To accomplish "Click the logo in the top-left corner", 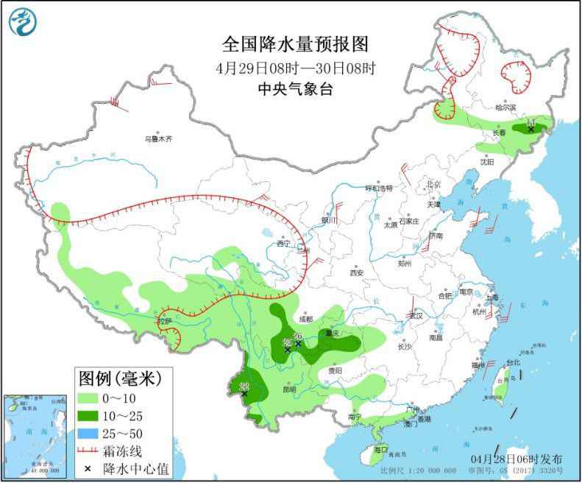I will pyautogui.click(x=23, y=21).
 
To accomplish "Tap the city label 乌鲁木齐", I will pyautogui.click(x=157, y=138).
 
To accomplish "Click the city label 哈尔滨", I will pyautogui.click(x=505, y=107).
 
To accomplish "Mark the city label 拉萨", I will pyautogui.click(x=163, y=321).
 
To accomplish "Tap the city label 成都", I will pyautogui.click(x=305, y=319).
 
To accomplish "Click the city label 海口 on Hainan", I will pyautogui.click(x=380, y=448).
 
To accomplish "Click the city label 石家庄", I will pyautogui.click(x=408, y=221).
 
